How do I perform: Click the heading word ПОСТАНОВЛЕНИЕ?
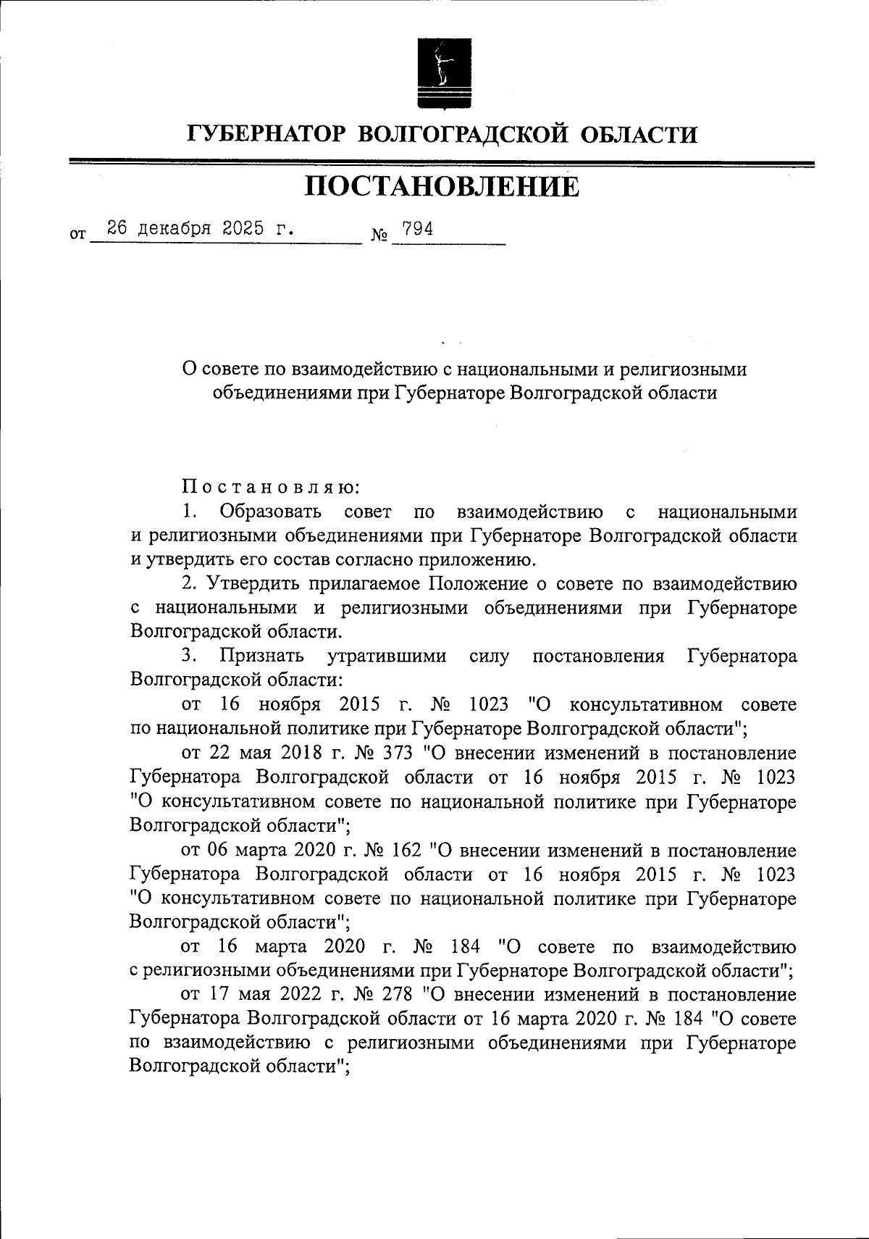(x=442, y=187)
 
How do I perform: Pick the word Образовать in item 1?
(x=272, y=512)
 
